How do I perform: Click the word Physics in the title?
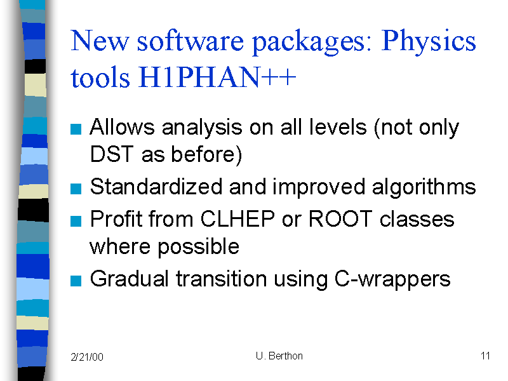coord(428,41)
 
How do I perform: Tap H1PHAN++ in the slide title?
coord(217,77)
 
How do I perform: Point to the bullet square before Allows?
coord(76,129)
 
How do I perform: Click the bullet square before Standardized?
coord(76,189)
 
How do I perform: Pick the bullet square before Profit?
coord(76,221)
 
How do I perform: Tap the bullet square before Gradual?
coord(76,281)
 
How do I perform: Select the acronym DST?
coord(112,154)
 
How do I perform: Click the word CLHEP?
coord(237,219)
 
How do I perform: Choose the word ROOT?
coord(340,219)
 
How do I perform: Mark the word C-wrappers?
coord(392,279)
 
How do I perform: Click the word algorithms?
coord(424,187)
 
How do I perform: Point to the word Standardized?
coord(156,187)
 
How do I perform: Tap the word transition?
coord(221,279)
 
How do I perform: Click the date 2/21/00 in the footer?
coord(87,357)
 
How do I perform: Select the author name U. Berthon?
coord(279,356)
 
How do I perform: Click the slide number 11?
coord(485,356)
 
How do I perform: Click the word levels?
coord(338,126)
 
